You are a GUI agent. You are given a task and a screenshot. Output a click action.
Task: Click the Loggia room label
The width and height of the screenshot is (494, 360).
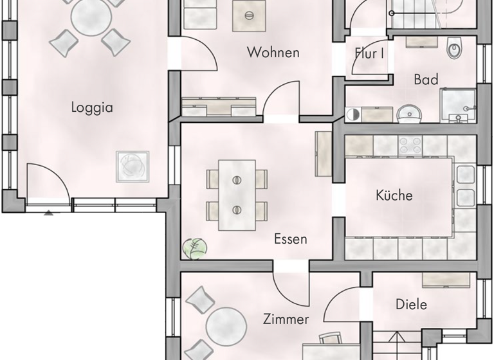click(92, 107)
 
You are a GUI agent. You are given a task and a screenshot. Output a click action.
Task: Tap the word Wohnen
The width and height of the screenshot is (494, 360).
click(273, 53)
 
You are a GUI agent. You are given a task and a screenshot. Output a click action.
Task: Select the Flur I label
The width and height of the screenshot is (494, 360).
click(369, 54)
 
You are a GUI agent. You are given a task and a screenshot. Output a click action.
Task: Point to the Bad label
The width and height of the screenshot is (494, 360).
click(426, 80)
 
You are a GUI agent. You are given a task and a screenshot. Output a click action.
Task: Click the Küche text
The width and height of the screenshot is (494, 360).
click(394, 195)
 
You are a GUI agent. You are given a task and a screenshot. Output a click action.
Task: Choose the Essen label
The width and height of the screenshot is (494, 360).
click(290, 239)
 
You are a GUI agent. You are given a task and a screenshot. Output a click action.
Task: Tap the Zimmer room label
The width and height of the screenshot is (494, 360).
click(286, 319)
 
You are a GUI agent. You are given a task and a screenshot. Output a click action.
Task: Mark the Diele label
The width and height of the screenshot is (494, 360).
click(411, 305)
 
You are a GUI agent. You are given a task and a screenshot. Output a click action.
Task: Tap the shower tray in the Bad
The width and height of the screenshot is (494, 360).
click(457, 105)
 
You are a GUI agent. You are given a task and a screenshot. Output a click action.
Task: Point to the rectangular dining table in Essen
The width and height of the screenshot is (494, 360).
click(237, 194)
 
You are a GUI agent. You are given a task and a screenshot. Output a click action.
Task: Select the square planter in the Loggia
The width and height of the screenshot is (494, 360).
click(133, 165)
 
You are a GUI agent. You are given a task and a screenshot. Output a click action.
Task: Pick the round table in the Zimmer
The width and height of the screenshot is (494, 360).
click(226, 326)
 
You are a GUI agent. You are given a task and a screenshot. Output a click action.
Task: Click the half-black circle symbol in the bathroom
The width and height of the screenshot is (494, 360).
click(352, 115)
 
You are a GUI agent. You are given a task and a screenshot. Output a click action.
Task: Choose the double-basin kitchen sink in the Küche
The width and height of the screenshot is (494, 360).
click(465, 186)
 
